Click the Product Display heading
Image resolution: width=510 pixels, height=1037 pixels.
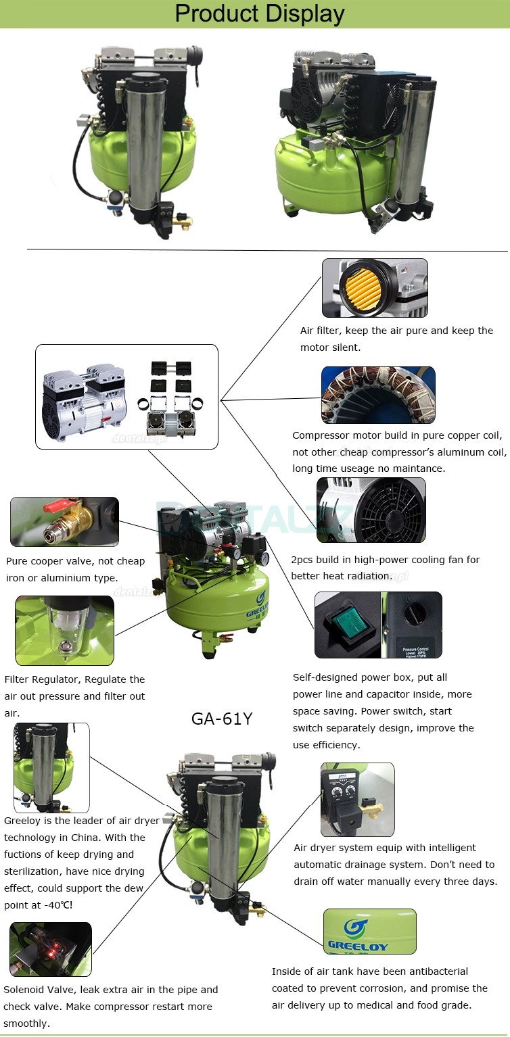[260, 14]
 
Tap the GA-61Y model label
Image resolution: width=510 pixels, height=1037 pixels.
[222, 719]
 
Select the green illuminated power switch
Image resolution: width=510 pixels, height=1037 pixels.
[348, 625]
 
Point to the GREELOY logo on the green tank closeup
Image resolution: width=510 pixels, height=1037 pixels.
[358, 935]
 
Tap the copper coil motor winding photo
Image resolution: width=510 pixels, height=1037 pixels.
[379, 395]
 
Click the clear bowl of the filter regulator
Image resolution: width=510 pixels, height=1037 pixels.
[65, 629]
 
